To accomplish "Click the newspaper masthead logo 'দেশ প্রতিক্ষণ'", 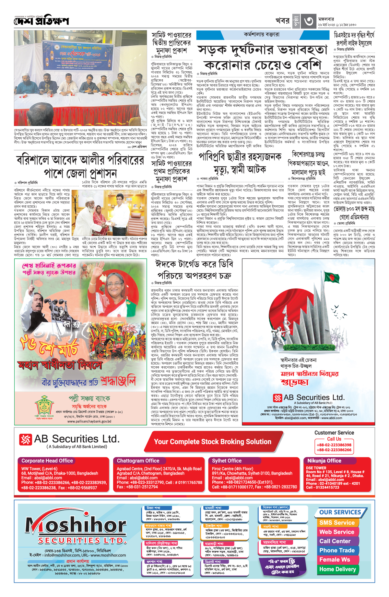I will click(41, 21).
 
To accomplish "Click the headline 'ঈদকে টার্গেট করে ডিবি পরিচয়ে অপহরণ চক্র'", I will click(194, 270).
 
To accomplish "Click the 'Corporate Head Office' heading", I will click(47, 461).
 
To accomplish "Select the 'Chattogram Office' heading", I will click(138, 461).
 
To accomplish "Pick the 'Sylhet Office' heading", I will click(227, 461).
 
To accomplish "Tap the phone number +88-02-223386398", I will click(334, 445).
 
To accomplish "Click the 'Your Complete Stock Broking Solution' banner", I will click(212, 442).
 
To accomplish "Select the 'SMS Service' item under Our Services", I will click(337, 522).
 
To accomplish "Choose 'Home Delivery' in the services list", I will click(337, 569).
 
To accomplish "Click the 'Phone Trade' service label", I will click(337, 550).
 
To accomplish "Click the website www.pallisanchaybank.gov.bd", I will click(89, 421).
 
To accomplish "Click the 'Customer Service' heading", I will click(334, 433).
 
